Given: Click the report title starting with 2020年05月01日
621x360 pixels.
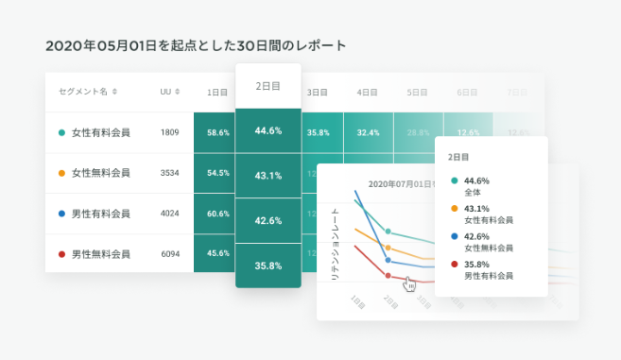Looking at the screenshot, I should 196,44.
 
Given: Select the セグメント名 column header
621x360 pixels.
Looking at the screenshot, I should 88,92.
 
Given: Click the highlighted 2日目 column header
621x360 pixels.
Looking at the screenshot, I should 268,85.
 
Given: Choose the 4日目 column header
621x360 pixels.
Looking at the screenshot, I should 368,93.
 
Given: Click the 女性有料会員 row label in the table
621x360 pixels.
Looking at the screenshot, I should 100,132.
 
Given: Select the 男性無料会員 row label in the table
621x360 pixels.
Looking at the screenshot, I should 100,254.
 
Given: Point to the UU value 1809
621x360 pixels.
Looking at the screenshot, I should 170,132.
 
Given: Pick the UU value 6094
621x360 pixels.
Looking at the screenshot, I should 170,254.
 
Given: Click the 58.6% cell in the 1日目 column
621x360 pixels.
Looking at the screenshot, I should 218,133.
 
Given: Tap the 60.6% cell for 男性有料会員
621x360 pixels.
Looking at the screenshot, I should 218,214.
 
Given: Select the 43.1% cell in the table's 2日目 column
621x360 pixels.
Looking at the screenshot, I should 268,176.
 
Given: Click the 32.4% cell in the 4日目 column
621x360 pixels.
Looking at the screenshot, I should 368,133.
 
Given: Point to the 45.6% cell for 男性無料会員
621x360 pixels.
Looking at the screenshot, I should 218,254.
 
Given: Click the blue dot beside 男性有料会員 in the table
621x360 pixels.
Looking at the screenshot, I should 61,214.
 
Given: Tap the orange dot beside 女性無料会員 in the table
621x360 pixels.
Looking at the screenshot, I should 61,174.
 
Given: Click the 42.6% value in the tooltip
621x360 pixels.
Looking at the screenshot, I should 477,236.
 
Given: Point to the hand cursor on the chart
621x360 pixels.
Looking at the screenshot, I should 409,283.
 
